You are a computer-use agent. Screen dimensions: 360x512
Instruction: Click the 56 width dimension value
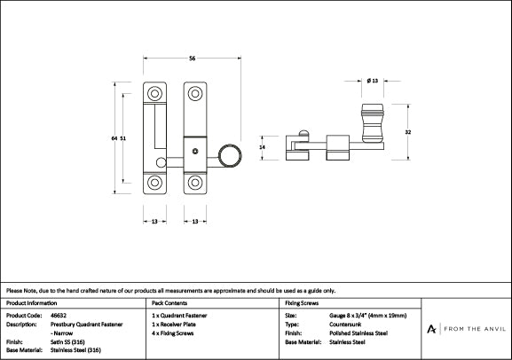click(x=192, y=59)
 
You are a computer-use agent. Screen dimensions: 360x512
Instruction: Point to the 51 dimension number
click(x=122, y=138)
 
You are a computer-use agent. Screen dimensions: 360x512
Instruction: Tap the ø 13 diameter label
click(x=371, y=81)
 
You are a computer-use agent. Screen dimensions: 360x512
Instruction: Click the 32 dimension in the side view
click(x=406, y=131)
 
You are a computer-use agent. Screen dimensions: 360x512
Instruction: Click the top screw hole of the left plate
click(x=155, y=92)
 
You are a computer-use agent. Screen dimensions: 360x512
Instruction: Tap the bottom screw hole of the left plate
click(x=155, y=184)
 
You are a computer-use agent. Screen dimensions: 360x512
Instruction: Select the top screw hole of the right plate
click(x=193, y=92)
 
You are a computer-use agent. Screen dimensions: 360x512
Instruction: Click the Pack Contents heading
click(x=169, y=301)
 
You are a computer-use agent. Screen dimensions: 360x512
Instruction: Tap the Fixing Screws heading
click(x=301, y=301)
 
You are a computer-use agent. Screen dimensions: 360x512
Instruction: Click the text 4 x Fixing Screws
click(x=175, y=333)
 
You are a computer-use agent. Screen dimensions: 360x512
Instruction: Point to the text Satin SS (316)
click(x=67, y=341)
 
